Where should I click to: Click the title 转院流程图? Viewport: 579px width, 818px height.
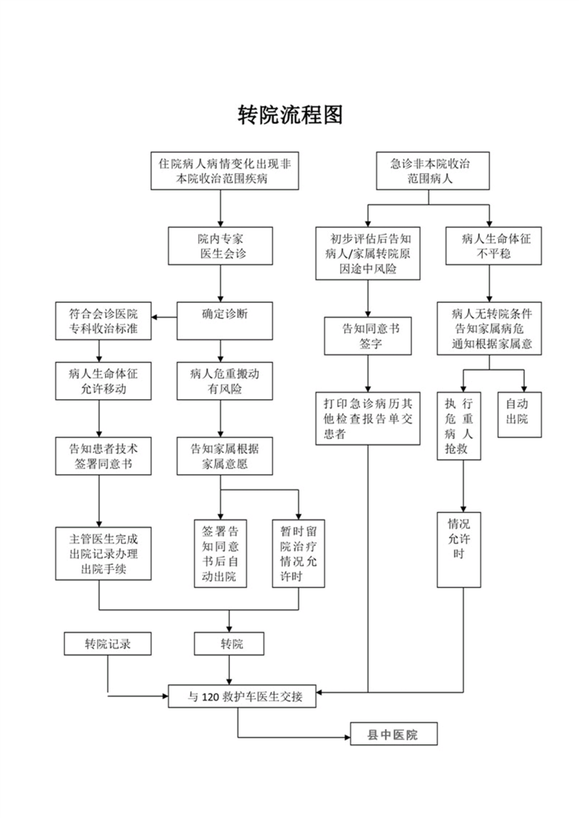pos(290,115)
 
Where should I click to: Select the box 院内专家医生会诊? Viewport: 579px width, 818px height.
pos(221,245)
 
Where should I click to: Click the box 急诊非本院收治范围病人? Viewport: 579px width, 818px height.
pos(431,171)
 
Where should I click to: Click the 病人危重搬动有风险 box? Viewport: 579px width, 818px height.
pos(221,380)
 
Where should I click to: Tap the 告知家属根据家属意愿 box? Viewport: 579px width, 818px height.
pos(221,456)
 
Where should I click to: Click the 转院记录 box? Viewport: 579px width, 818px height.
pos(107,644)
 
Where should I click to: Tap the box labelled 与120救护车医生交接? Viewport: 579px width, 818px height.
pos(242,696)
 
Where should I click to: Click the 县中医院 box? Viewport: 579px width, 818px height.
pos(393,734)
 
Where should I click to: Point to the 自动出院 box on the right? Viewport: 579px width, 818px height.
pos(520,414)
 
